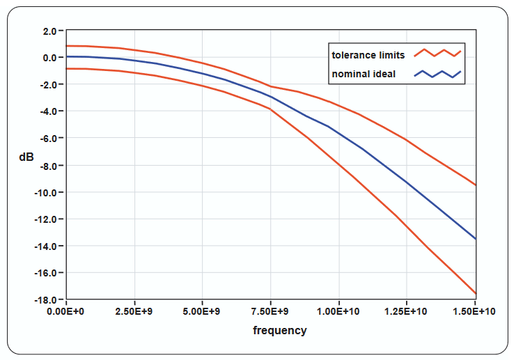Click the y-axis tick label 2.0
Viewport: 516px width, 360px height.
click(x=49, y=31)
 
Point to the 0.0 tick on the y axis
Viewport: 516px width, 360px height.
click(x=49, y=58)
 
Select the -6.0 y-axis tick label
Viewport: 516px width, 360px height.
click(x=47, y=139)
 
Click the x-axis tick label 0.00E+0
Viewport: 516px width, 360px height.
click(x=66, y=311)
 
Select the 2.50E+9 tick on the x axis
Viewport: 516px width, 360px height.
click(x=134, y=311)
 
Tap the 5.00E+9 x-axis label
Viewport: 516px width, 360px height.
click(x=203, y=311)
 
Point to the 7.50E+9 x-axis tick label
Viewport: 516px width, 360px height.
click(x=271, y=311)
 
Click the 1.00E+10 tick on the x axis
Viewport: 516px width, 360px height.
click(x=338, y=311)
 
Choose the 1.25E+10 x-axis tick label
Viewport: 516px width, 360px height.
click(x=407, y=311)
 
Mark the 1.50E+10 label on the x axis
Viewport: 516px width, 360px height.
click(x=475, y=311)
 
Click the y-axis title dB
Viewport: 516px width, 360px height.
click(x=26, y=158)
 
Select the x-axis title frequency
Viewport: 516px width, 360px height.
click(x=279, y=331)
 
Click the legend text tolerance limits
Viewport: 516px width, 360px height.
click(x=368, y=55)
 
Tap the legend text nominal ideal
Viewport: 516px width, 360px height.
click(x=363, y=74)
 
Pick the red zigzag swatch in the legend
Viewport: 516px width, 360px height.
click(x=437, y=53)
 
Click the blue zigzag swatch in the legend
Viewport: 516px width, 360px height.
click(x=437, y=74)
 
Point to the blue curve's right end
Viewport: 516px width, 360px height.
click(x=475, y=239)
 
